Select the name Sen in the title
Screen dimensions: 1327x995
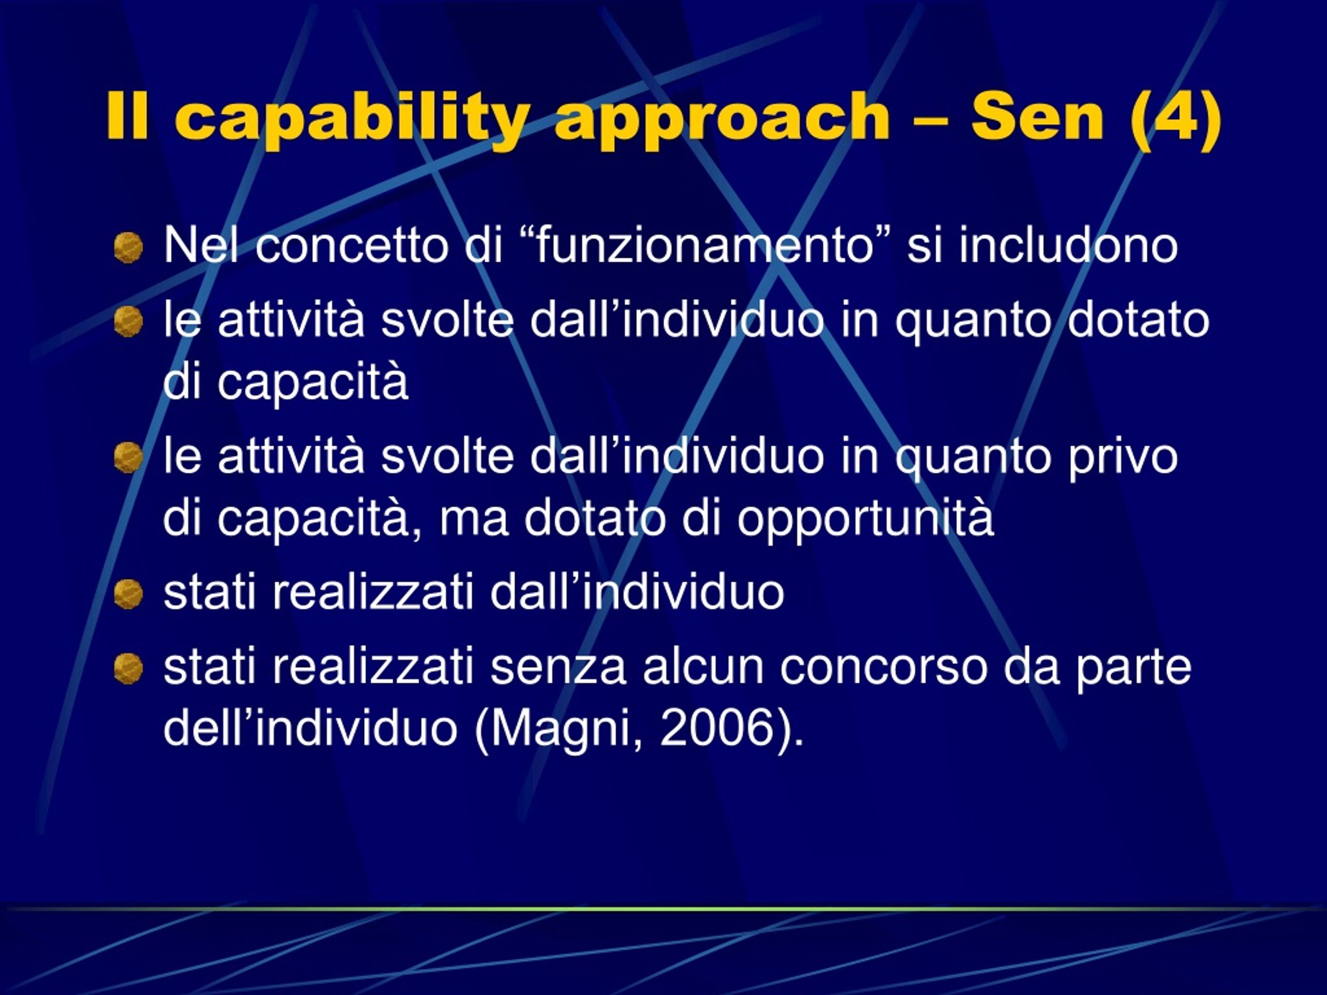pyautogui.click(x=1037, y=117)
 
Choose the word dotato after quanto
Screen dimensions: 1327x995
pyautogui.click(x=1139, y=320)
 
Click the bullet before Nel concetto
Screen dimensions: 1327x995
pyautogui.click(x=129, y=247)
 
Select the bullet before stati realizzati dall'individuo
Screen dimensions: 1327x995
pyautogui.click(x=129, y=594)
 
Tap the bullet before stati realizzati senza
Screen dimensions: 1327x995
pyautogui.click(x=129, y=668)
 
